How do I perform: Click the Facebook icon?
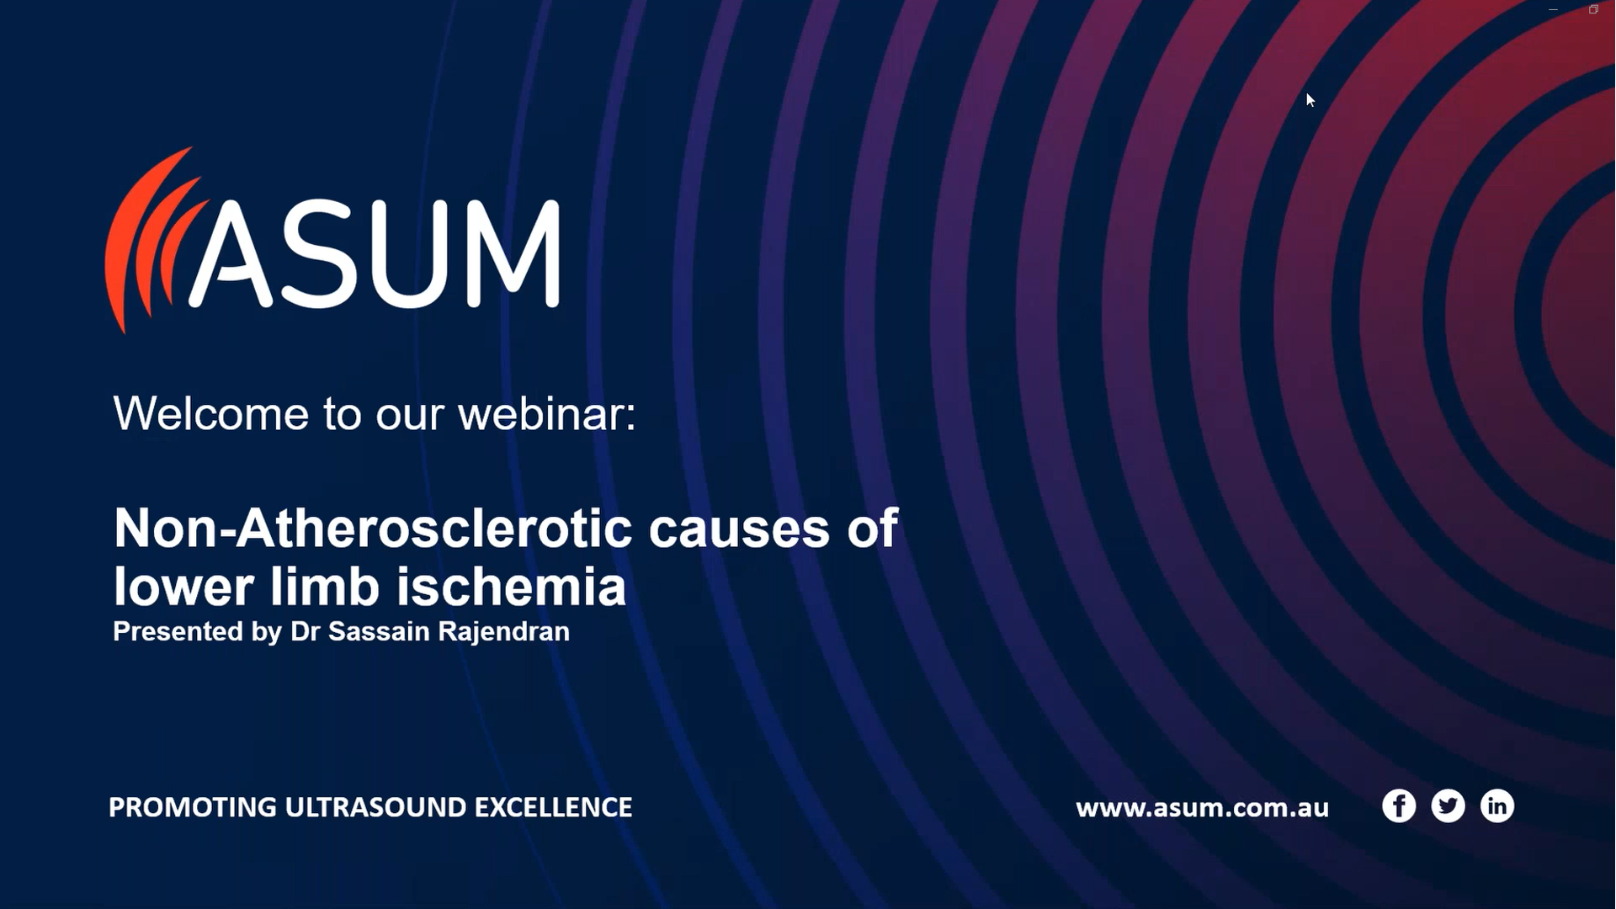(x=1398, y=806)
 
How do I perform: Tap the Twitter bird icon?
(x=1448, y=806)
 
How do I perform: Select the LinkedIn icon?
(x=1496, y=806)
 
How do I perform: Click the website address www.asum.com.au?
(x=1202, y=808)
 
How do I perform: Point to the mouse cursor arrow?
(x=1310, y=99)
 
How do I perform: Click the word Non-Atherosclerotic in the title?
(x=373, y=529)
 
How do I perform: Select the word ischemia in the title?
(x=511, y=587)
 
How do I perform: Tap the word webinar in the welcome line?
(x=546, y=414)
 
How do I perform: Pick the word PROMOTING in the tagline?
(x=192, y=807)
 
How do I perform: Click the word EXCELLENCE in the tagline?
(x=553, y=807)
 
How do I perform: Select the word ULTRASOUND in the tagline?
(x=375, y=807)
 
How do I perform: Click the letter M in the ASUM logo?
(x=510, y=252)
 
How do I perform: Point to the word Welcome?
(x=210, y=414)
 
